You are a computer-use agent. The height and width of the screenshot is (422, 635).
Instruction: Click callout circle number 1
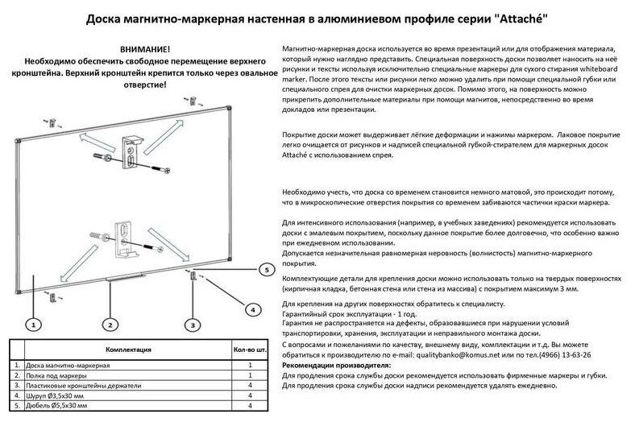tap(32, 325)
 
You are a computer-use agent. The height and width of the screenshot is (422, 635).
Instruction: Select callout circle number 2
tap(110, 325)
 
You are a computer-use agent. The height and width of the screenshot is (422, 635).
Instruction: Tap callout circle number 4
tap(251, 308)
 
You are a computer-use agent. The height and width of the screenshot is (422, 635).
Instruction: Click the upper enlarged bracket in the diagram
tap(131, 154)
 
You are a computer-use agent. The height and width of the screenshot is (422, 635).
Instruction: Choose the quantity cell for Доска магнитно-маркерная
tap(251, 366)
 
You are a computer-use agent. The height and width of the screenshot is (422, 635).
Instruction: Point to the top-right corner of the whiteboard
tap(230, 110)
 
